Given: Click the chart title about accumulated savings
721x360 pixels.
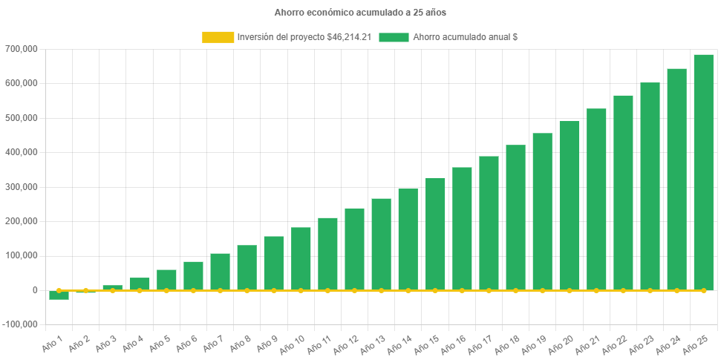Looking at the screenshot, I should click(360, 13).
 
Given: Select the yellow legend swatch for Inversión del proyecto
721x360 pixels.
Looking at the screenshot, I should click(217, 37).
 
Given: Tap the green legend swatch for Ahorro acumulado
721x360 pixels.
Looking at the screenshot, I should click(394, 37).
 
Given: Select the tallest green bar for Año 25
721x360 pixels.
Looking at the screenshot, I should click(703, 172).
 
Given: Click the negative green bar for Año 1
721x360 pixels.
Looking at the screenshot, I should click(59, 295).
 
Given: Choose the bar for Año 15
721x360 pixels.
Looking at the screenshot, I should click(435, 234).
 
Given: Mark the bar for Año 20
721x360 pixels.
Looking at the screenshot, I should click(570, 206).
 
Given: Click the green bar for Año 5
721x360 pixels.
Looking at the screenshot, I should click(166, 279).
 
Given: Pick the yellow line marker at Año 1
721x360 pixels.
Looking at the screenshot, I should click(59, 291).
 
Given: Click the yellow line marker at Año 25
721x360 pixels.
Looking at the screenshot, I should click(703, 291).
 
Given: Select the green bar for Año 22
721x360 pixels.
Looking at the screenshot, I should click(623, 192).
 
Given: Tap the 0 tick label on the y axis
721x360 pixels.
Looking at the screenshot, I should click(35, 290).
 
